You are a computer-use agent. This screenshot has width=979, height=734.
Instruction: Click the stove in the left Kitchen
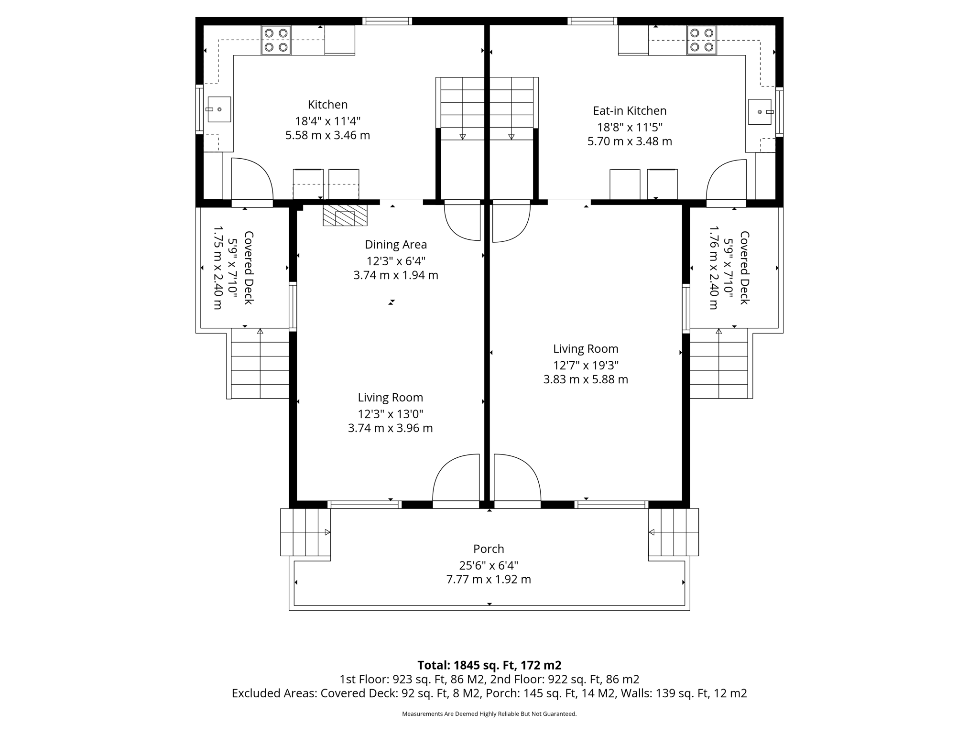[x=276, y=40]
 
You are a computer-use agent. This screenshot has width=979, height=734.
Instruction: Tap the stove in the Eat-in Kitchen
[x=702, y=40]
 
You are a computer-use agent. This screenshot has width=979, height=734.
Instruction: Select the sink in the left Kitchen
[x=219, y=109]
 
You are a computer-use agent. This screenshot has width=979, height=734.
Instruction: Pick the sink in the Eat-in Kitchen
[x=760, y=112]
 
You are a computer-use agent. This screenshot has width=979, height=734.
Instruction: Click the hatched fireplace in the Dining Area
[x=345, y=216]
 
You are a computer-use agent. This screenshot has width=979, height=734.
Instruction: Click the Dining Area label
[x=396, y=245]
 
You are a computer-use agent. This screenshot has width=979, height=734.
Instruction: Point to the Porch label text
[x=489, y=549]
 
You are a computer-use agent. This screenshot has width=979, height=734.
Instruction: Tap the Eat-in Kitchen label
[x=630, y=111]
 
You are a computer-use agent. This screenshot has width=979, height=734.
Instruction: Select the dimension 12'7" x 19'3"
[x=586, y=366]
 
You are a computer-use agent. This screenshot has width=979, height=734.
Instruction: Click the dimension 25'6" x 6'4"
[x=489, y=565]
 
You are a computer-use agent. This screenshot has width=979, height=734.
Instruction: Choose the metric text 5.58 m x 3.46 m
[x=327, y=135]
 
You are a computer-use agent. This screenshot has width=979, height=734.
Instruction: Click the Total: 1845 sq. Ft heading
[x=489, y=665]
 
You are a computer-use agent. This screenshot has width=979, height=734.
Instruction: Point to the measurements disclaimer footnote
[x=489, y=714]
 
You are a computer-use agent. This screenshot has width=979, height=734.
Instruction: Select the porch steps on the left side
[x=305, y=532]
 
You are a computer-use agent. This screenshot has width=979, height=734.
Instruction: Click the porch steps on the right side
[x=674, y=532]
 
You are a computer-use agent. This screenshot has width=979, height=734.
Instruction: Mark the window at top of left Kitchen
[x=387, y=21]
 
